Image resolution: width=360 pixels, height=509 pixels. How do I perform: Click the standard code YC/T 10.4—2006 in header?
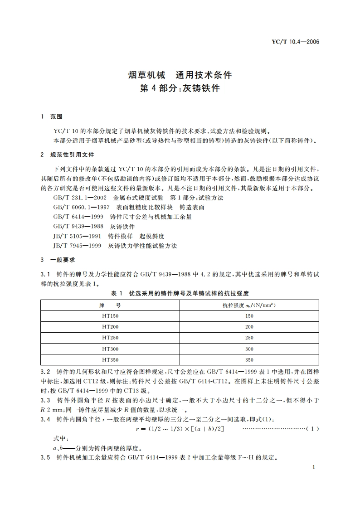pos(296,42)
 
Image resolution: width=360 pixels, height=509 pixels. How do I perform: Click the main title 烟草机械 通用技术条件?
pos(180,75)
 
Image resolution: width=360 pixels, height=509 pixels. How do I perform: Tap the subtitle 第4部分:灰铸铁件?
pos(180,88)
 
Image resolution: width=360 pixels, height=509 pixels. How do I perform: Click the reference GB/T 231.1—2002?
pos(80,198)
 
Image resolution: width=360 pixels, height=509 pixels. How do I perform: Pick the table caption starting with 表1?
pos(180,294)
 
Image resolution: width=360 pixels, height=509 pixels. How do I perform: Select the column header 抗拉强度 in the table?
pos(249,305)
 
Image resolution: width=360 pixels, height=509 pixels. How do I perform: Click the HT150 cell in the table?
pos(110,316)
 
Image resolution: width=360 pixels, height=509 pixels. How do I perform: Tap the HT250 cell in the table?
pos(110,338)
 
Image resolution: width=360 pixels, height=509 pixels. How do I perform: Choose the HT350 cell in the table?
pos(110,360)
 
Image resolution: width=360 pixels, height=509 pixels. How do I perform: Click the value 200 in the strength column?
pos(249,327)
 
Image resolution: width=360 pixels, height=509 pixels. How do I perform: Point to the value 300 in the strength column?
pos(249,349)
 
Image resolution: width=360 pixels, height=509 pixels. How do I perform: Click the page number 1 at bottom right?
pos(314,467)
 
